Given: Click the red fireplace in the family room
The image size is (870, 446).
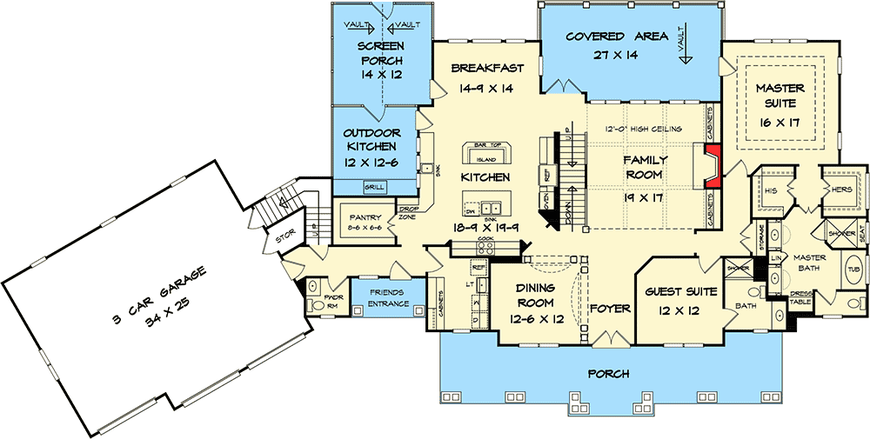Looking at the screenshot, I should click(712, 166).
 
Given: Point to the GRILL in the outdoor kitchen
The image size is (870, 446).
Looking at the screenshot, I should click(374, 186).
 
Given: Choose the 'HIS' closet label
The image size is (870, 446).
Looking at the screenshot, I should click(770, 190).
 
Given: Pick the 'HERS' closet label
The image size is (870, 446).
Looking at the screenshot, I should click(840, 190).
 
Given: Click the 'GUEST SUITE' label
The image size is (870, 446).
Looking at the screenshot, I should click(681, 293).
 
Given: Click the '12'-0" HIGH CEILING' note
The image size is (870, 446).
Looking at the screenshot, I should click(643, 130).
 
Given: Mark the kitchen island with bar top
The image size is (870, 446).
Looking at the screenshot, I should click(485, 155).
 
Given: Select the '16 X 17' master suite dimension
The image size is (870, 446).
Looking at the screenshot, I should click(779, 122).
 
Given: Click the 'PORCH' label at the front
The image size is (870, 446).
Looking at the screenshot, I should click(608, 373).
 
